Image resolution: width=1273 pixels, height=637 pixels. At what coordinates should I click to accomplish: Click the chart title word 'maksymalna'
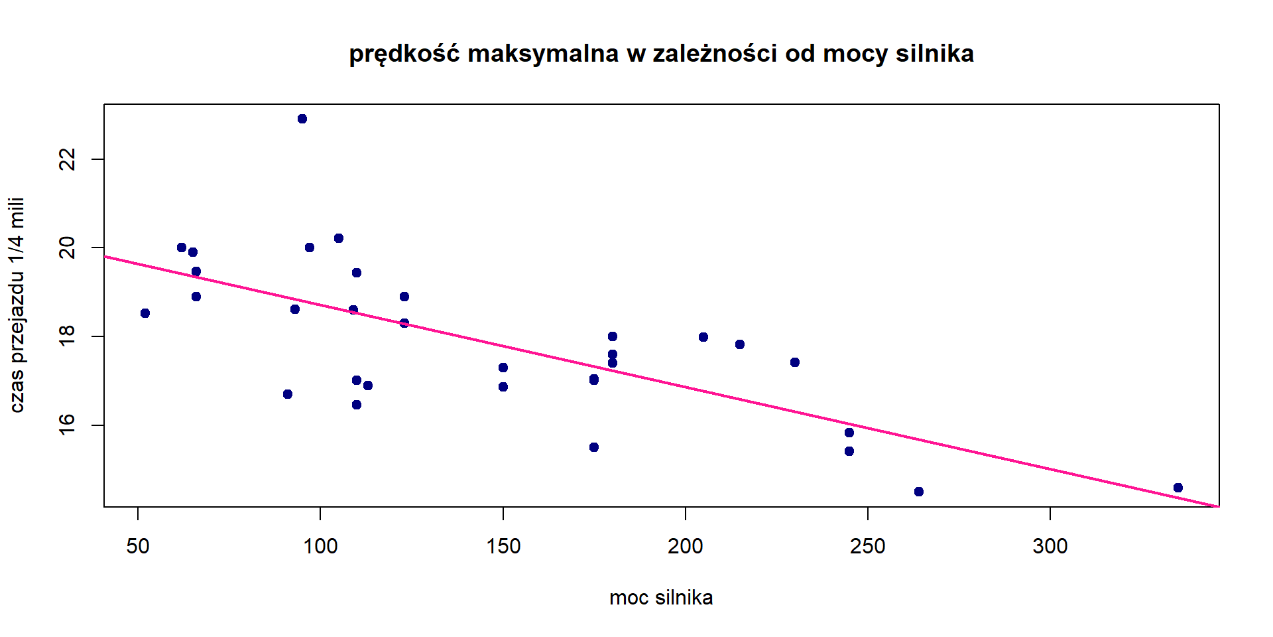543,54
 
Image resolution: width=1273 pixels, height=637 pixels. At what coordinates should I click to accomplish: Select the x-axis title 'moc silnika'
661,598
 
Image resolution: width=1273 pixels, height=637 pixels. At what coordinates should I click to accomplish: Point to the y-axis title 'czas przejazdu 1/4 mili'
17,305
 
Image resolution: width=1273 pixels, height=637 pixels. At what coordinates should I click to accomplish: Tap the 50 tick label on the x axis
138,547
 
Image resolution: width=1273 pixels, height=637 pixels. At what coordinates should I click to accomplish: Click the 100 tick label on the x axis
320,547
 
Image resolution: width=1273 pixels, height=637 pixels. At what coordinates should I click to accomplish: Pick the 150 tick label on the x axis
503,547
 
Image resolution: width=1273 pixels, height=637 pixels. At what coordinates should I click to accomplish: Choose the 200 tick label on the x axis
686,547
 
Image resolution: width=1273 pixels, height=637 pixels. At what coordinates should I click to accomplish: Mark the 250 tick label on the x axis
868,547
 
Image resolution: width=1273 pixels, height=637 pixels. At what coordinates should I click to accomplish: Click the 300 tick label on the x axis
1050,547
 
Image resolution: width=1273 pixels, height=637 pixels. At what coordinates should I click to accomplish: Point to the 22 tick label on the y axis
68,159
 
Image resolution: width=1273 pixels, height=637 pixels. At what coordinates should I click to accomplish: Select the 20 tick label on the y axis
68,248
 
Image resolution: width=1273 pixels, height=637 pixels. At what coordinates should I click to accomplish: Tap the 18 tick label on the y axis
68,336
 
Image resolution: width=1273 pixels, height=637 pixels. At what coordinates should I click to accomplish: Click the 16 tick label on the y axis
68,425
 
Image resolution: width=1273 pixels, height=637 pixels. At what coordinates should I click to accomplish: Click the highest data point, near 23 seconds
302,119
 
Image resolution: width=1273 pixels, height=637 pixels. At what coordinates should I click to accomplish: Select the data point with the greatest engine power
1178,488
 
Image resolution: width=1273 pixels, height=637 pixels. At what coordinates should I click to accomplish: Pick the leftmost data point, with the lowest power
145,313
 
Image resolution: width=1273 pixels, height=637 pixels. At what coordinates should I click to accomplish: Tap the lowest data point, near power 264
919,492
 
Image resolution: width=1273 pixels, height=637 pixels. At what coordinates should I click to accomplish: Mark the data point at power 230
795,362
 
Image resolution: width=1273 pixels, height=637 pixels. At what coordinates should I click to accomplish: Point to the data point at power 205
703,337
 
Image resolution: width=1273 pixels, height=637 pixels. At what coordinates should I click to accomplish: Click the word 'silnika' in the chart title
935,54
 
